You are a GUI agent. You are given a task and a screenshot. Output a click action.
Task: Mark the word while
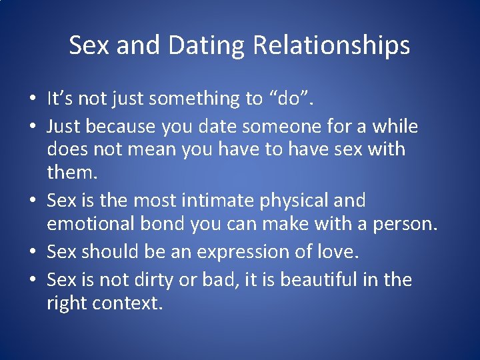[395, 126]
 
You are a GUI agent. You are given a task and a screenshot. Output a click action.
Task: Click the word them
[71, 173]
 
